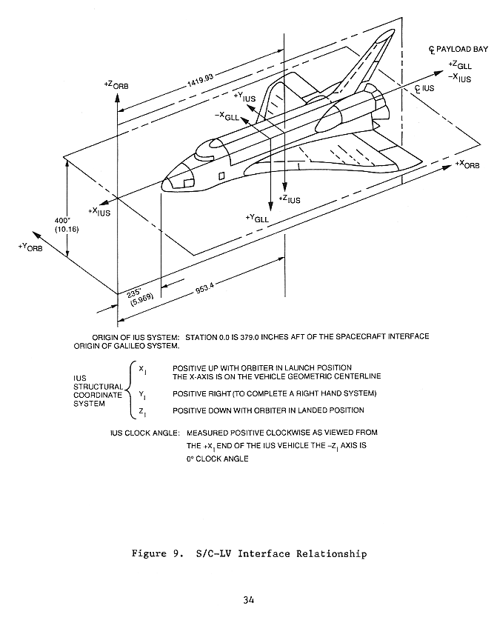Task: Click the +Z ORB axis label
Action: [116, 87]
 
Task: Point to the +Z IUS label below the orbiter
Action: [290, 199]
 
